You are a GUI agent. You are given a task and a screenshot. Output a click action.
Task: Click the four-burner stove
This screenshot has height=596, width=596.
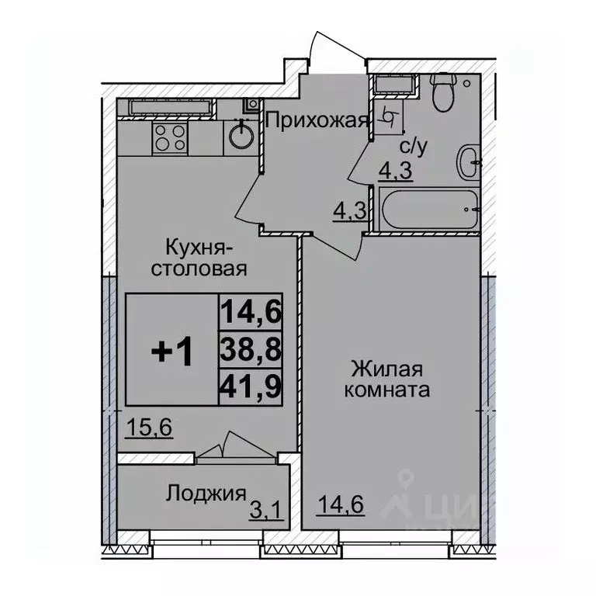pyautogui.click(x=169, y=137)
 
